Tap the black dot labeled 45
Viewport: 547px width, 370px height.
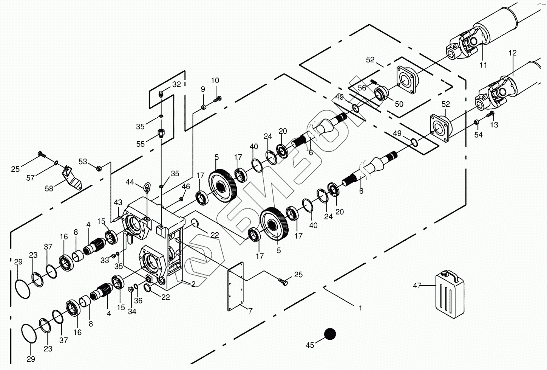point(330,334)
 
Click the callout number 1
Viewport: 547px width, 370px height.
point(360,308)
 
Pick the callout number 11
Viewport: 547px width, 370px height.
point(483,65)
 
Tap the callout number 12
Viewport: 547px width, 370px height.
point(512,53)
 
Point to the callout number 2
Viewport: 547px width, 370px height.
point(193,284)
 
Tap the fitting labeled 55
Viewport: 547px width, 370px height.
point(161,133)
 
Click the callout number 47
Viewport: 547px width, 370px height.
point(417,286)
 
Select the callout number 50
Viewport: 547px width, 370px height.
point(399,104)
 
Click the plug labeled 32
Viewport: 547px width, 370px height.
point(161,93)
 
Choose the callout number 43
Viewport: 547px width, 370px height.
point(118,203)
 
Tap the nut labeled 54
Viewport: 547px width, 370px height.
point(477,122)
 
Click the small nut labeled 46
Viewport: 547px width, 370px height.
point(181,199)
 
